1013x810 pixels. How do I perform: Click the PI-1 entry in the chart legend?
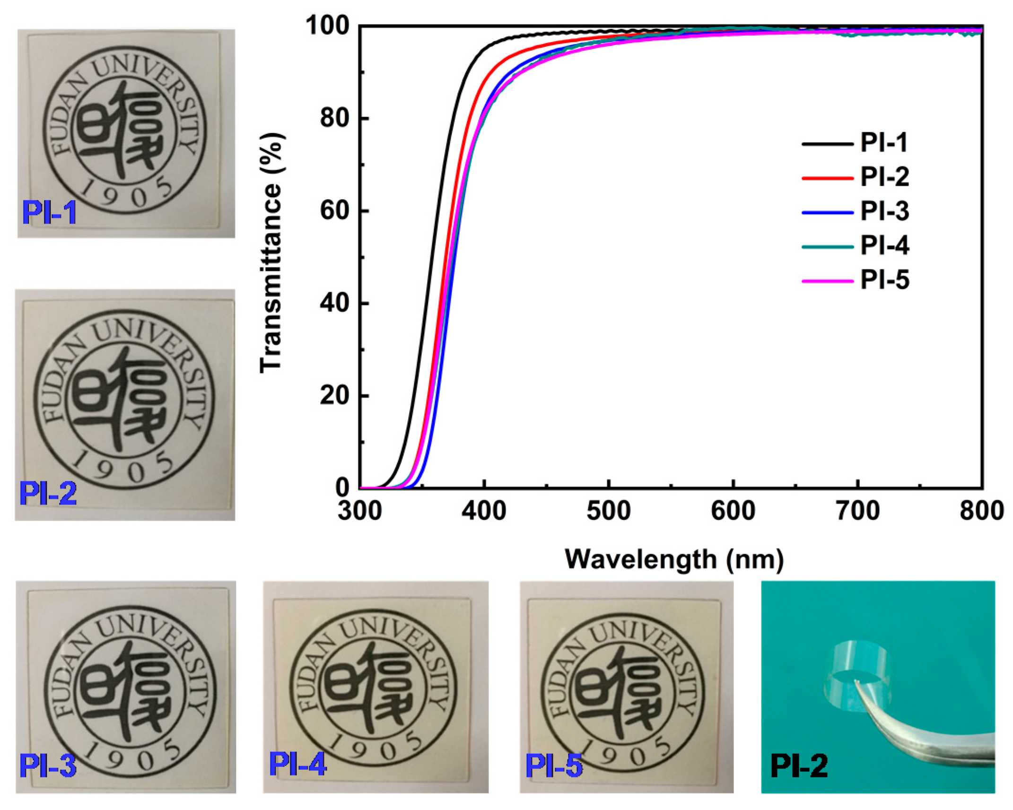(855, 142)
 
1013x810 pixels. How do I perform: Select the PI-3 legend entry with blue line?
(855, 211)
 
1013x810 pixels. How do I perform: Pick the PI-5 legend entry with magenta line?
(855, 280)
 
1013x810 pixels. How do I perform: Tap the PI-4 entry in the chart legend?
(855, 246)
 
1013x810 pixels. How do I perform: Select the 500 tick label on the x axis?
(608, 511)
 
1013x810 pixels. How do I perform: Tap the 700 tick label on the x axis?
(857, 511)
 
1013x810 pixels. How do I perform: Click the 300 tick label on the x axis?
(359, 511)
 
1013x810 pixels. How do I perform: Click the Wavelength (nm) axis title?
(674, 559)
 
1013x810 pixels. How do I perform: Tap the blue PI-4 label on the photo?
(297, 764)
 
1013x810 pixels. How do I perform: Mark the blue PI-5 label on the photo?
(554, 766)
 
